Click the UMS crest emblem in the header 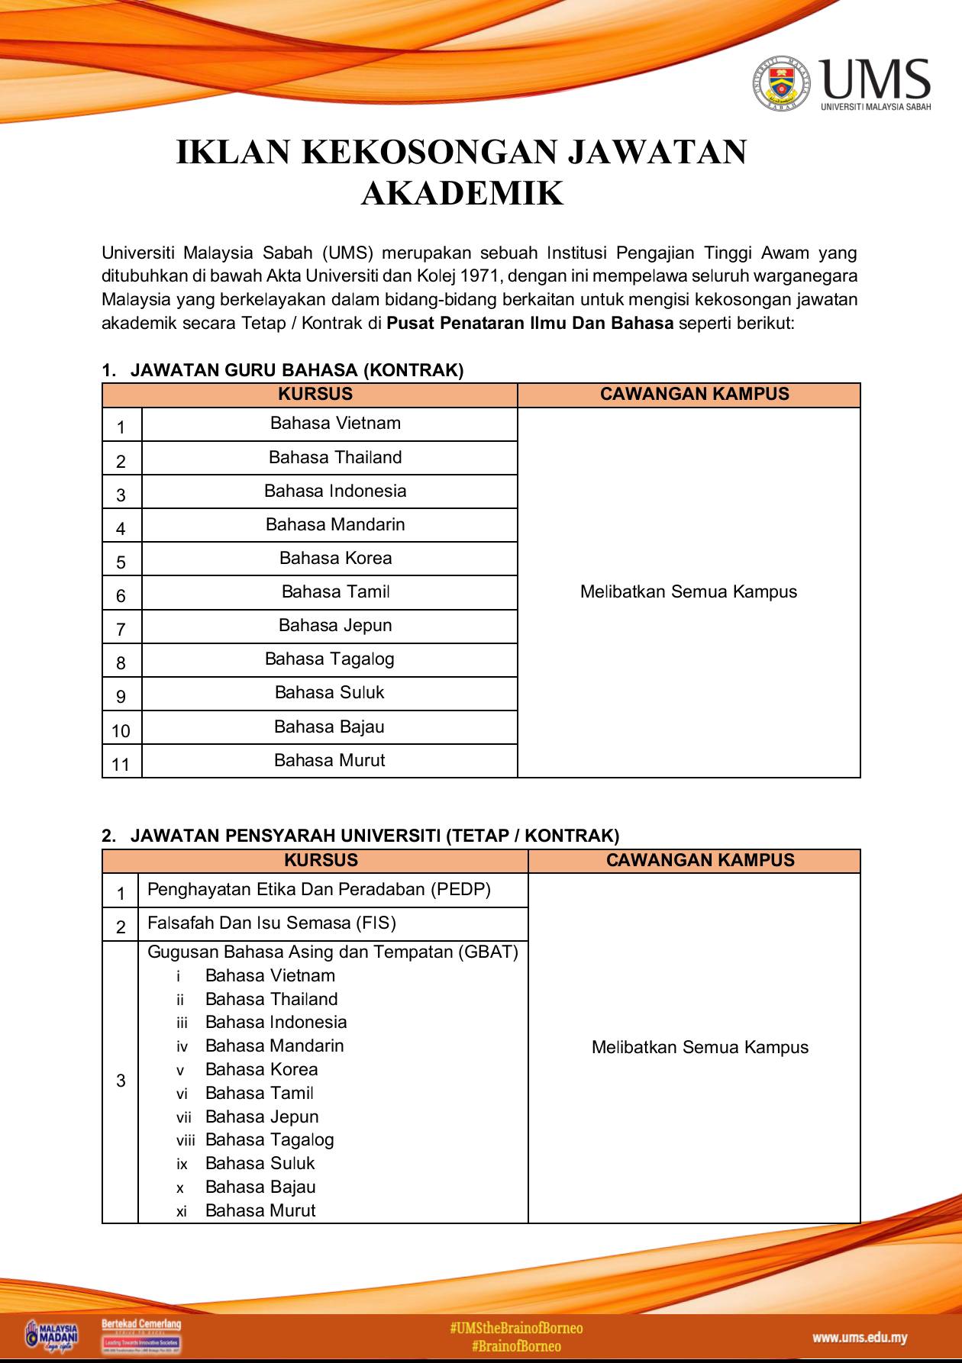(x=780, y=83)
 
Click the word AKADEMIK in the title (x=462, y=193)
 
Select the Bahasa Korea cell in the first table (x=335, y=558)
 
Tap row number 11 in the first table (x=121, y=763)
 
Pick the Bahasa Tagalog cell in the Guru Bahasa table (x=329, y=659)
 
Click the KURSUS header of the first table (x=315, y=395)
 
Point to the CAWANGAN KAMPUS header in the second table (x=699, y=860)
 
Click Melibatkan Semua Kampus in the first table (x=688, y=591)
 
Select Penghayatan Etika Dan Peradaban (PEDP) (x=318, y=889)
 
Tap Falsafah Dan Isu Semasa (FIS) (x=271, y=923)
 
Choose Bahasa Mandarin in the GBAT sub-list (x=274, y=1046)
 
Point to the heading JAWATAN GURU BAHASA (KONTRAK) (x=296, y=370)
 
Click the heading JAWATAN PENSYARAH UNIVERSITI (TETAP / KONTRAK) (x=374, y=836)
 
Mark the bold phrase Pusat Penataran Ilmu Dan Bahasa (x=530, y=323)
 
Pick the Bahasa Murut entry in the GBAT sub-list (x=260, y=1210)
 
